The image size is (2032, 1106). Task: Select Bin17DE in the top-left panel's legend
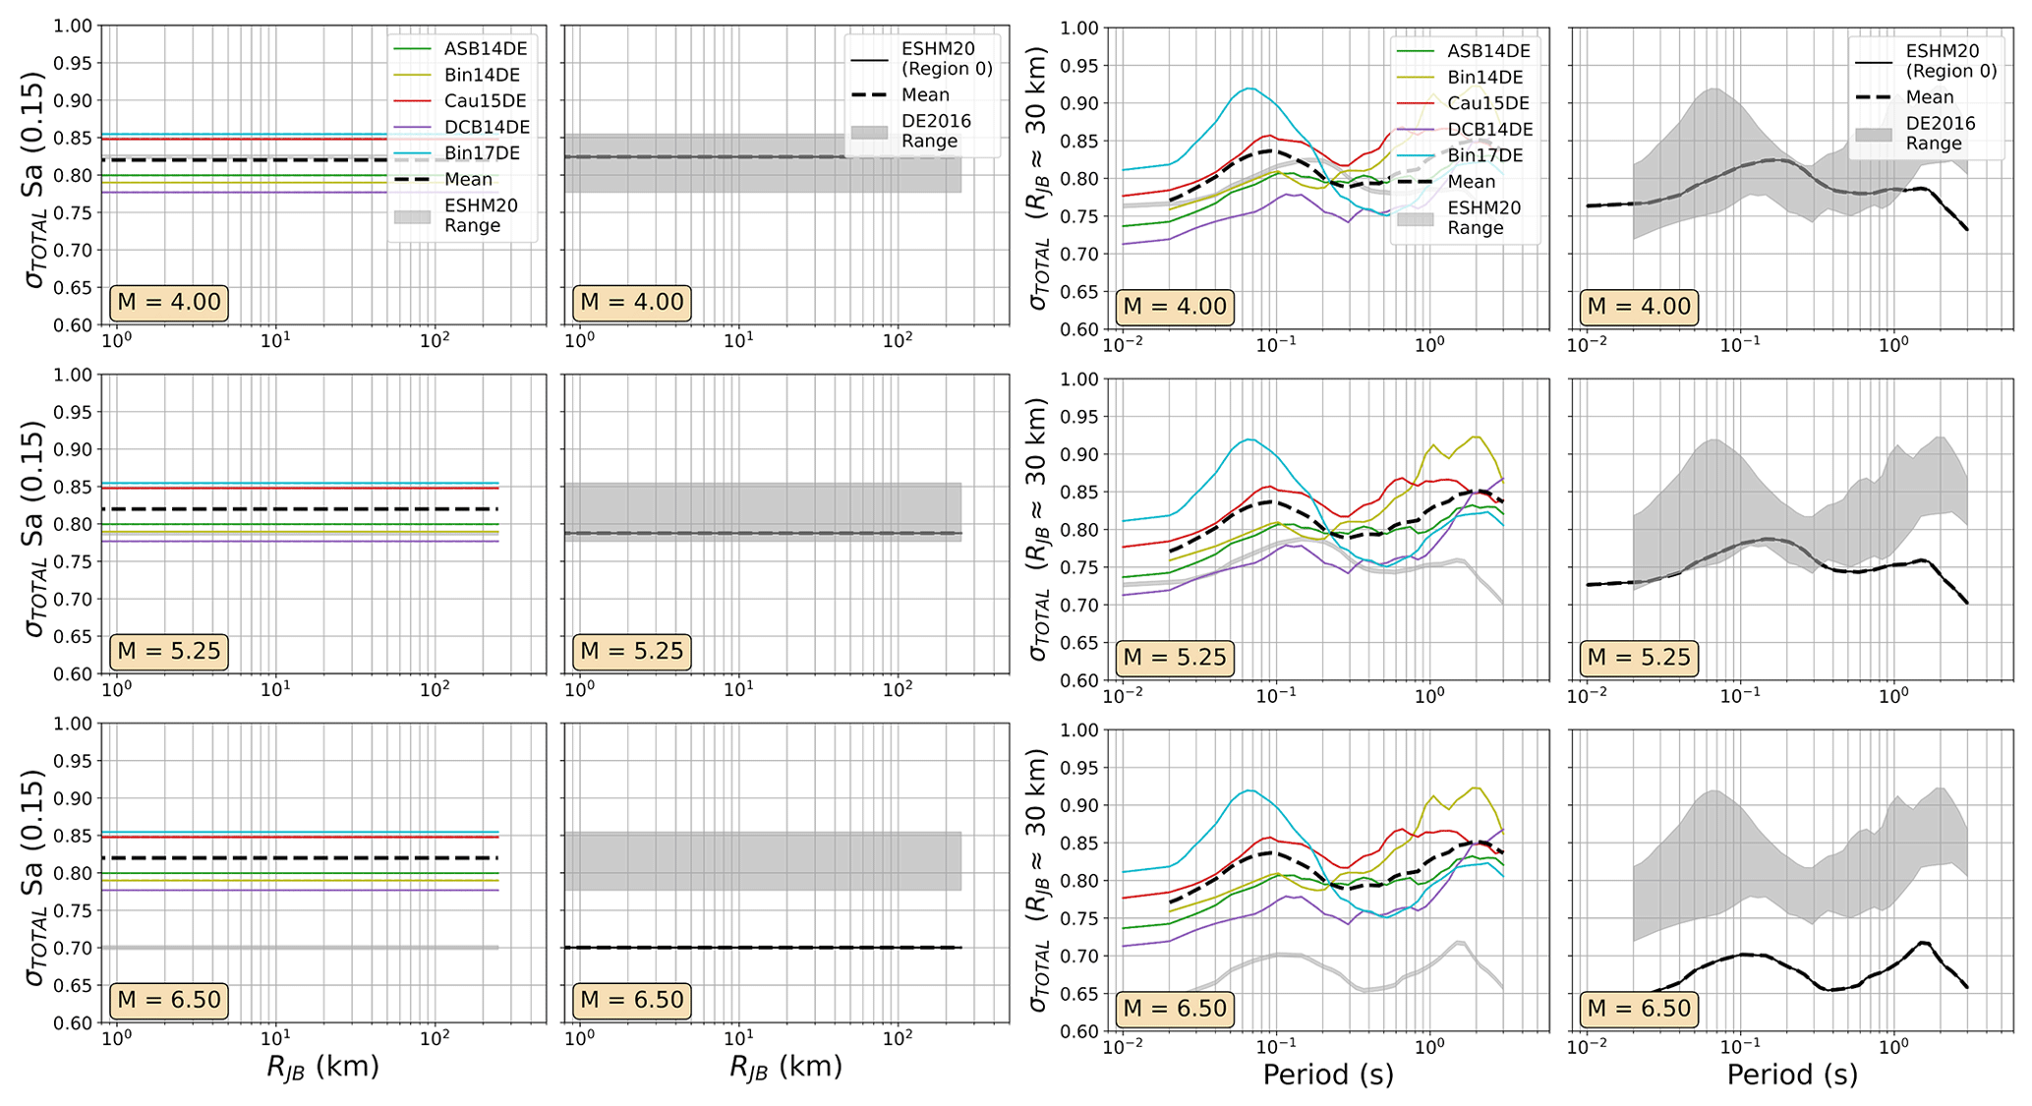[482, 153]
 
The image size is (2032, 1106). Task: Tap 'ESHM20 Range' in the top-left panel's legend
[481, 215]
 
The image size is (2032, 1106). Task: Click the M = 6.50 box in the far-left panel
[169, 1000]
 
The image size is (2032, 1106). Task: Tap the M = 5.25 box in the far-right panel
[1639, 657]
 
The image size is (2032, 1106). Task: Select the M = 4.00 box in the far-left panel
[169, 302]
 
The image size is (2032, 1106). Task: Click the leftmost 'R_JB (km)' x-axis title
[322, 1067]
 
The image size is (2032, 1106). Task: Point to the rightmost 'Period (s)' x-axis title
[1791, 1075]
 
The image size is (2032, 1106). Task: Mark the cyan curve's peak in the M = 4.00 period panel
[1248, 88]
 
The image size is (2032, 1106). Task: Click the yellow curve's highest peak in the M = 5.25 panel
[1475, 437]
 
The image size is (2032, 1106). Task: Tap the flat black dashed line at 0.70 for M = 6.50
[762, 948]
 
